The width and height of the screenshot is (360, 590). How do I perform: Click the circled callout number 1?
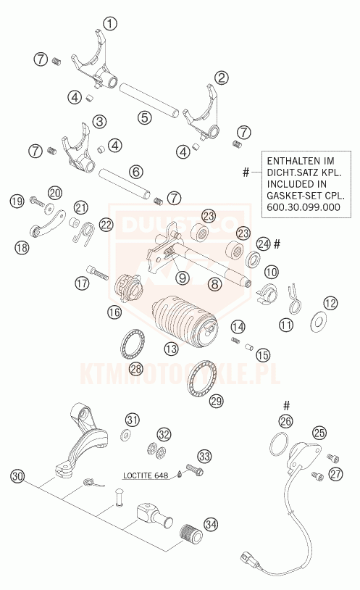click(109, 24)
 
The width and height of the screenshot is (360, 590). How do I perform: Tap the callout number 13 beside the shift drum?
click(171, 349)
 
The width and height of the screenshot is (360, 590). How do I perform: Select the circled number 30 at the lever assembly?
click(17, 475)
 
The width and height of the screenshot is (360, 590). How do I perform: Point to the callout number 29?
click(217, 400)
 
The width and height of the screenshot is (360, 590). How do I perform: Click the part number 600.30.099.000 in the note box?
click(304, 207)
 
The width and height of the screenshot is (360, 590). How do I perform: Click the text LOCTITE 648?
click(146, 475)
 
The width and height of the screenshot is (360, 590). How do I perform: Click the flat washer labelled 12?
click(319, 322)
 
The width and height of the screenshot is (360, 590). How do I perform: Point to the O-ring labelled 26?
click(279, 444)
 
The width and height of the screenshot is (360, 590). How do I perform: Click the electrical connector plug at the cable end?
click(248, 557)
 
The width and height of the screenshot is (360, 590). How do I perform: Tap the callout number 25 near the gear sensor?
click(319, 433)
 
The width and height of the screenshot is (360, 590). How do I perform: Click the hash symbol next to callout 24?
click(277, 244)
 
